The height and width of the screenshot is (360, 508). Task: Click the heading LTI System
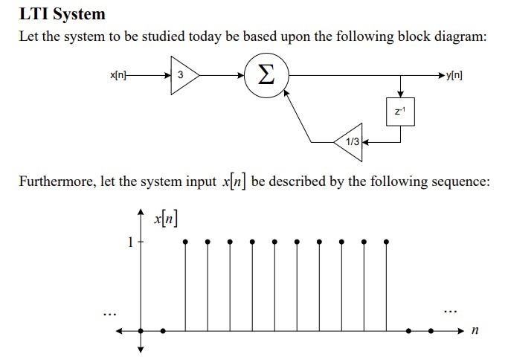pos(62,13)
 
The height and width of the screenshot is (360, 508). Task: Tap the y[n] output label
pos(454,75)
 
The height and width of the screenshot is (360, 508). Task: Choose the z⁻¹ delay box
pos(400,112)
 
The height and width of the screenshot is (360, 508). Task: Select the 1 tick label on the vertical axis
pos(130,242)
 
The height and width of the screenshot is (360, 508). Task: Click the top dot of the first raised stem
pos(185,242)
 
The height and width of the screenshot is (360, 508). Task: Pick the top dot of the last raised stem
pos(387,242)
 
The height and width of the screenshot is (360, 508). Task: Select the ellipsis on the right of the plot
pos(450,309)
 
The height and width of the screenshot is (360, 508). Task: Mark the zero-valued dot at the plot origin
pos(141,331)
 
